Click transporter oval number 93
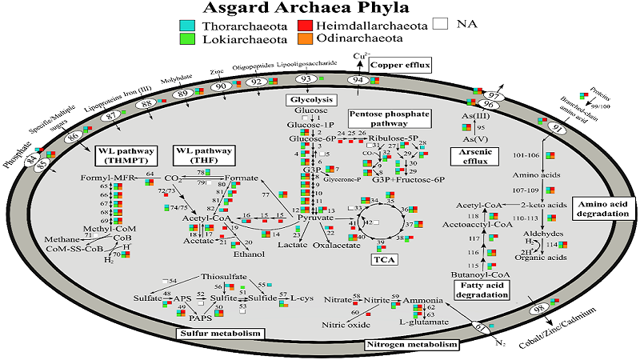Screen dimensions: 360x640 [306, 79]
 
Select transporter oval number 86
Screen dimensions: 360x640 [74, 138]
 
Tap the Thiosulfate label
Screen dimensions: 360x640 [222, 276]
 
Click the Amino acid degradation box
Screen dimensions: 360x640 [602, 210]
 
